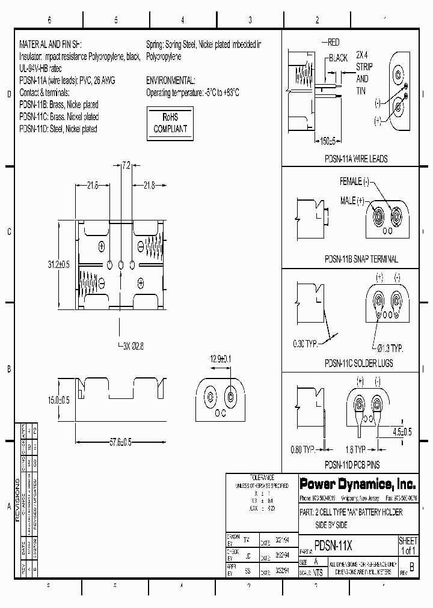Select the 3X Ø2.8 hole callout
click(133, 347)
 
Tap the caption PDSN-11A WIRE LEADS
click(355, 159)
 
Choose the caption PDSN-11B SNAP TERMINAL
click(361, 259)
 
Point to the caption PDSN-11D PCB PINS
click(352, 464)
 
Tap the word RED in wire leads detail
click(334, 43)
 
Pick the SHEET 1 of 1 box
click(408, 546)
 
